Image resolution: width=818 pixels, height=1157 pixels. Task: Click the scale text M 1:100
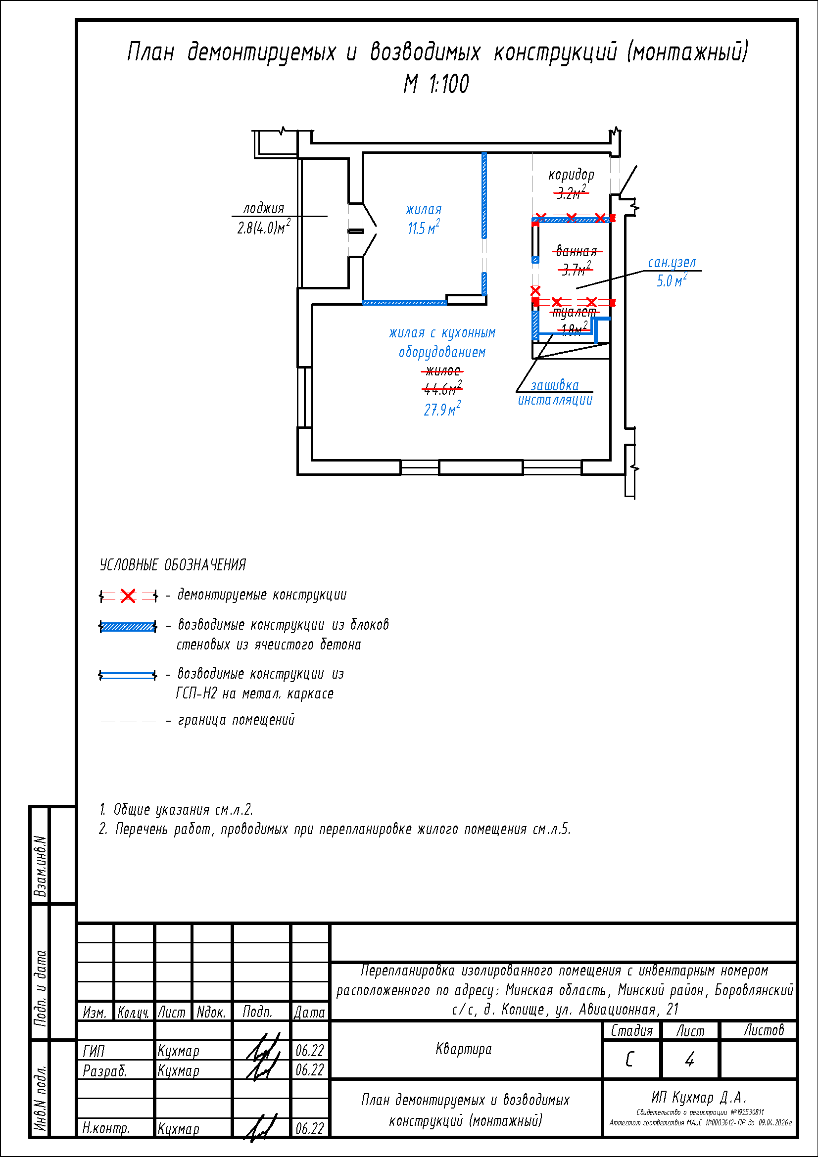coord(436,84)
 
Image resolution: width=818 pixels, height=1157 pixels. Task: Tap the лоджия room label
coord(264,208)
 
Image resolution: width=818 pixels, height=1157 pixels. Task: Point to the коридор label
coord(571,175)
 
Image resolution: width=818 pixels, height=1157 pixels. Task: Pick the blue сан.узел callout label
coord(672,263)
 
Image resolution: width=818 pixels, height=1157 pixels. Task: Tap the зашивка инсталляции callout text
coord(555,393)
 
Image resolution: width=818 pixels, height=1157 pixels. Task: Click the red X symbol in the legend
coord(129,596)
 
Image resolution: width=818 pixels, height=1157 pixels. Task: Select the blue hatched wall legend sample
coord(128,627)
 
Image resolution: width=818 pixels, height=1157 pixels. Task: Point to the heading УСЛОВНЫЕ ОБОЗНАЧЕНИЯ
coord(172,565)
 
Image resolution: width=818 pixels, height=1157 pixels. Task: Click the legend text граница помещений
coord(236,720)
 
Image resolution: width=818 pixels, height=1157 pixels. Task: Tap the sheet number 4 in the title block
coord(689,1060)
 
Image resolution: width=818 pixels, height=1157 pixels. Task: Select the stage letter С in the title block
coord(629,1060)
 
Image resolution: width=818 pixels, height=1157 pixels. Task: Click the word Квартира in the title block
coord(463,1050)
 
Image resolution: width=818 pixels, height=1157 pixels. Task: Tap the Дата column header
coord(309,1013)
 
